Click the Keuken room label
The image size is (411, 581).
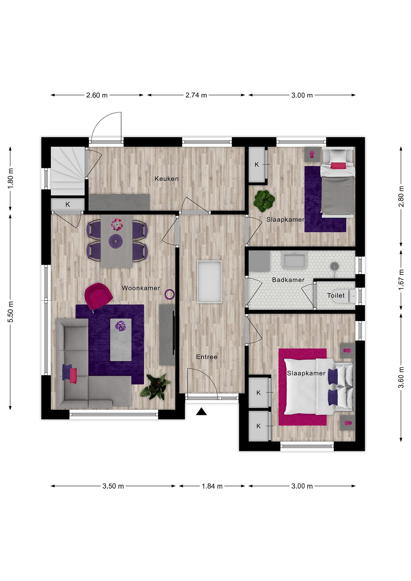click(166, 179)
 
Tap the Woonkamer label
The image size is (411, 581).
click(141, 288)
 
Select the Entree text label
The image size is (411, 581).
click(207, 357)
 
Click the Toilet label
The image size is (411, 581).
click(336, 295)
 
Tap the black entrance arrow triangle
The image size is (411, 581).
click(201, 412)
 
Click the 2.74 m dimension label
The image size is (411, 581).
click(196, 95)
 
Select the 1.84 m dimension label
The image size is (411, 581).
click(212, 486)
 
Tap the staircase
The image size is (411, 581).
click(68, 171)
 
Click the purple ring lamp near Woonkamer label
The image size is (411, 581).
click(169, 294)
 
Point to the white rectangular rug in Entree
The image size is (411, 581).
click(209, 282)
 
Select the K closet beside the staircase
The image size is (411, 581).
click(68, 205)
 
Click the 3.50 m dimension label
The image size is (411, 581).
click(113, 486)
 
